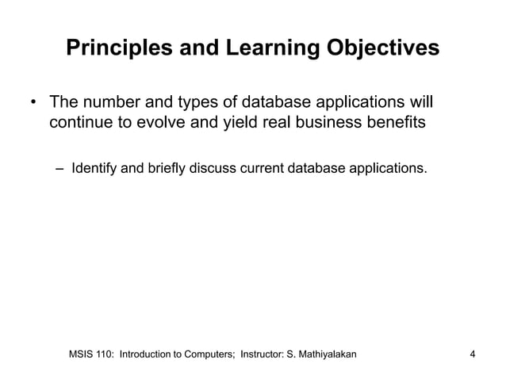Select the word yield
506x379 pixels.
(245, 124)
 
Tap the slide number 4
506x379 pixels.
(473, 353)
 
